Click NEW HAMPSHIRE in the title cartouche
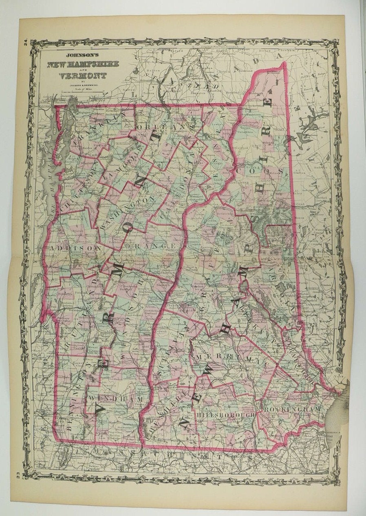pyautogui.click(x=83, y=64)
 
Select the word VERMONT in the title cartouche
pyautogui.click(x=83, y=75)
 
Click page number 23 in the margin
pyautogui.click(x=24, y=474)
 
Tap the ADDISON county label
pyautogui.click(x=75, y=248)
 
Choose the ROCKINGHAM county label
pyautogui.click(x=299, y=408)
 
